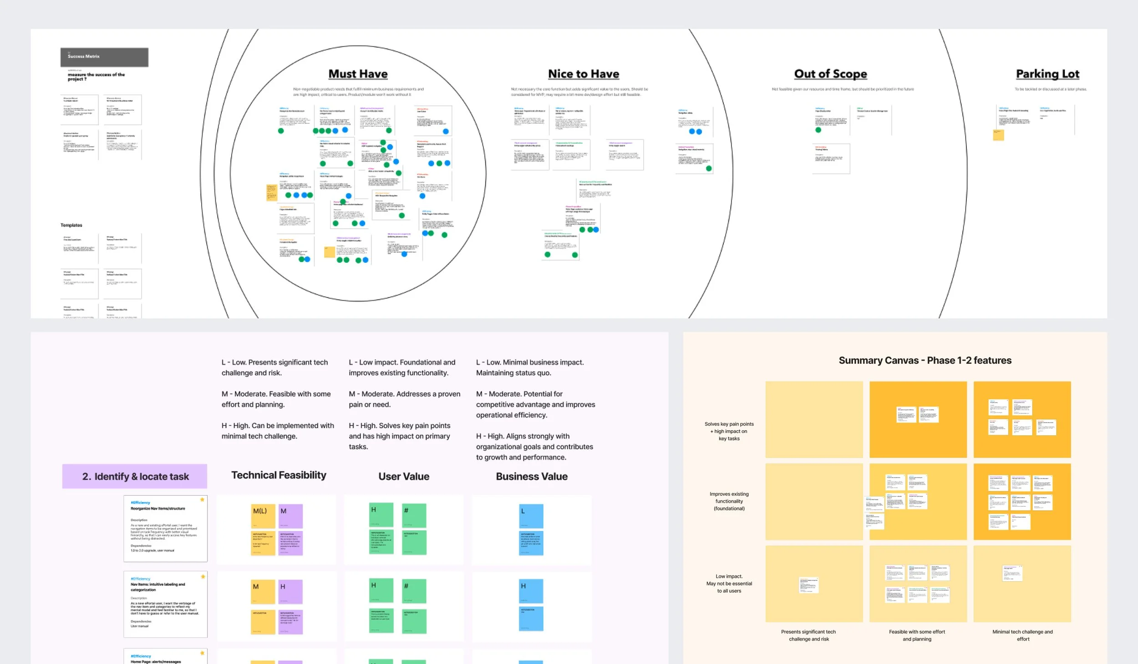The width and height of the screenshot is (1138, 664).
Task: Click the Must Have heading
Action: tap(358, 74)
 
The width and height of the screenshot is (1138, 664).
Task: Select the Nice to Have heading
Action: tap(583, 74)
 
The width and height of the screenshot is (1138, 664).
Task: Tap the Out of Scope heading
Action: tap(830, 74)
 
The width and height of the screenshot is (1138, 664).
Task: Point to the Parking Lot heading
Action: tap(1047, 74)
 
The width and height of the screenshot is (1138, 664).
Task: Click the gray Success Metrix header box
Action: tap(104, 57)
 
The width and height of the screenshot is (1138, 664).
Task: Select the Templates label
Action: tap(71, 225)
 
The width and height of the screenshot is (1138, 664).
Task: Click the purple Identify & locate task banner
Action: tap(135, 476)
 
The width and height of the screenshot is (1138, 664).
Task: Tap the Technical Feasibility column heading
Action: tap(279, 475)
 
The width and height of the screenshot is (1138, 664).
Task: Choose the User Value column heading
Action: tap(404, 477)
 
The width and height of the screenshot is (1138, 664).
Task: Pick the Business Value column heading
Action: tap(532, 477)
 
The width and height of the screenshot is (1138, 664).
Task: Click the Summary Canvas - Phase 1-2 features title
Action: tap(925, 361)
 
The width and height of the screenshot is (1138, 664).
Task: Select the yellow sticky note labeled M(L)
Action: tap(263, 516)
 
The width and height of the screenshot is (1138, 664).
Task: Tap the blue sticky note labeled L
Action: tap(531, 516)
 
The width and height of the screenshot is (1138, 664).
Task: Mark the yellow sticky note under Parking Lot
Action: tap(998, 135)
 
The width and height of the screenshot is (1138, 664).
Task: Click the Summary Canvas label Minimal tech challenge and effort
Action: tap(1022, 635)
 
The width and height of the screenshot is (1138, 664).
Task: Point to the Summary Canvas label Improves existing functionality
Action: tap(729, 501)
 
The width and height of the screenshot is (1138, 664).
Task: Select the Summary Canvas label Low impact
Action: tap(729, 584)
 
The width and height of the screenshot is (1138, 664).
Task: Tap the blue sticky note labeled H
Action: tap(531, 591)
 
